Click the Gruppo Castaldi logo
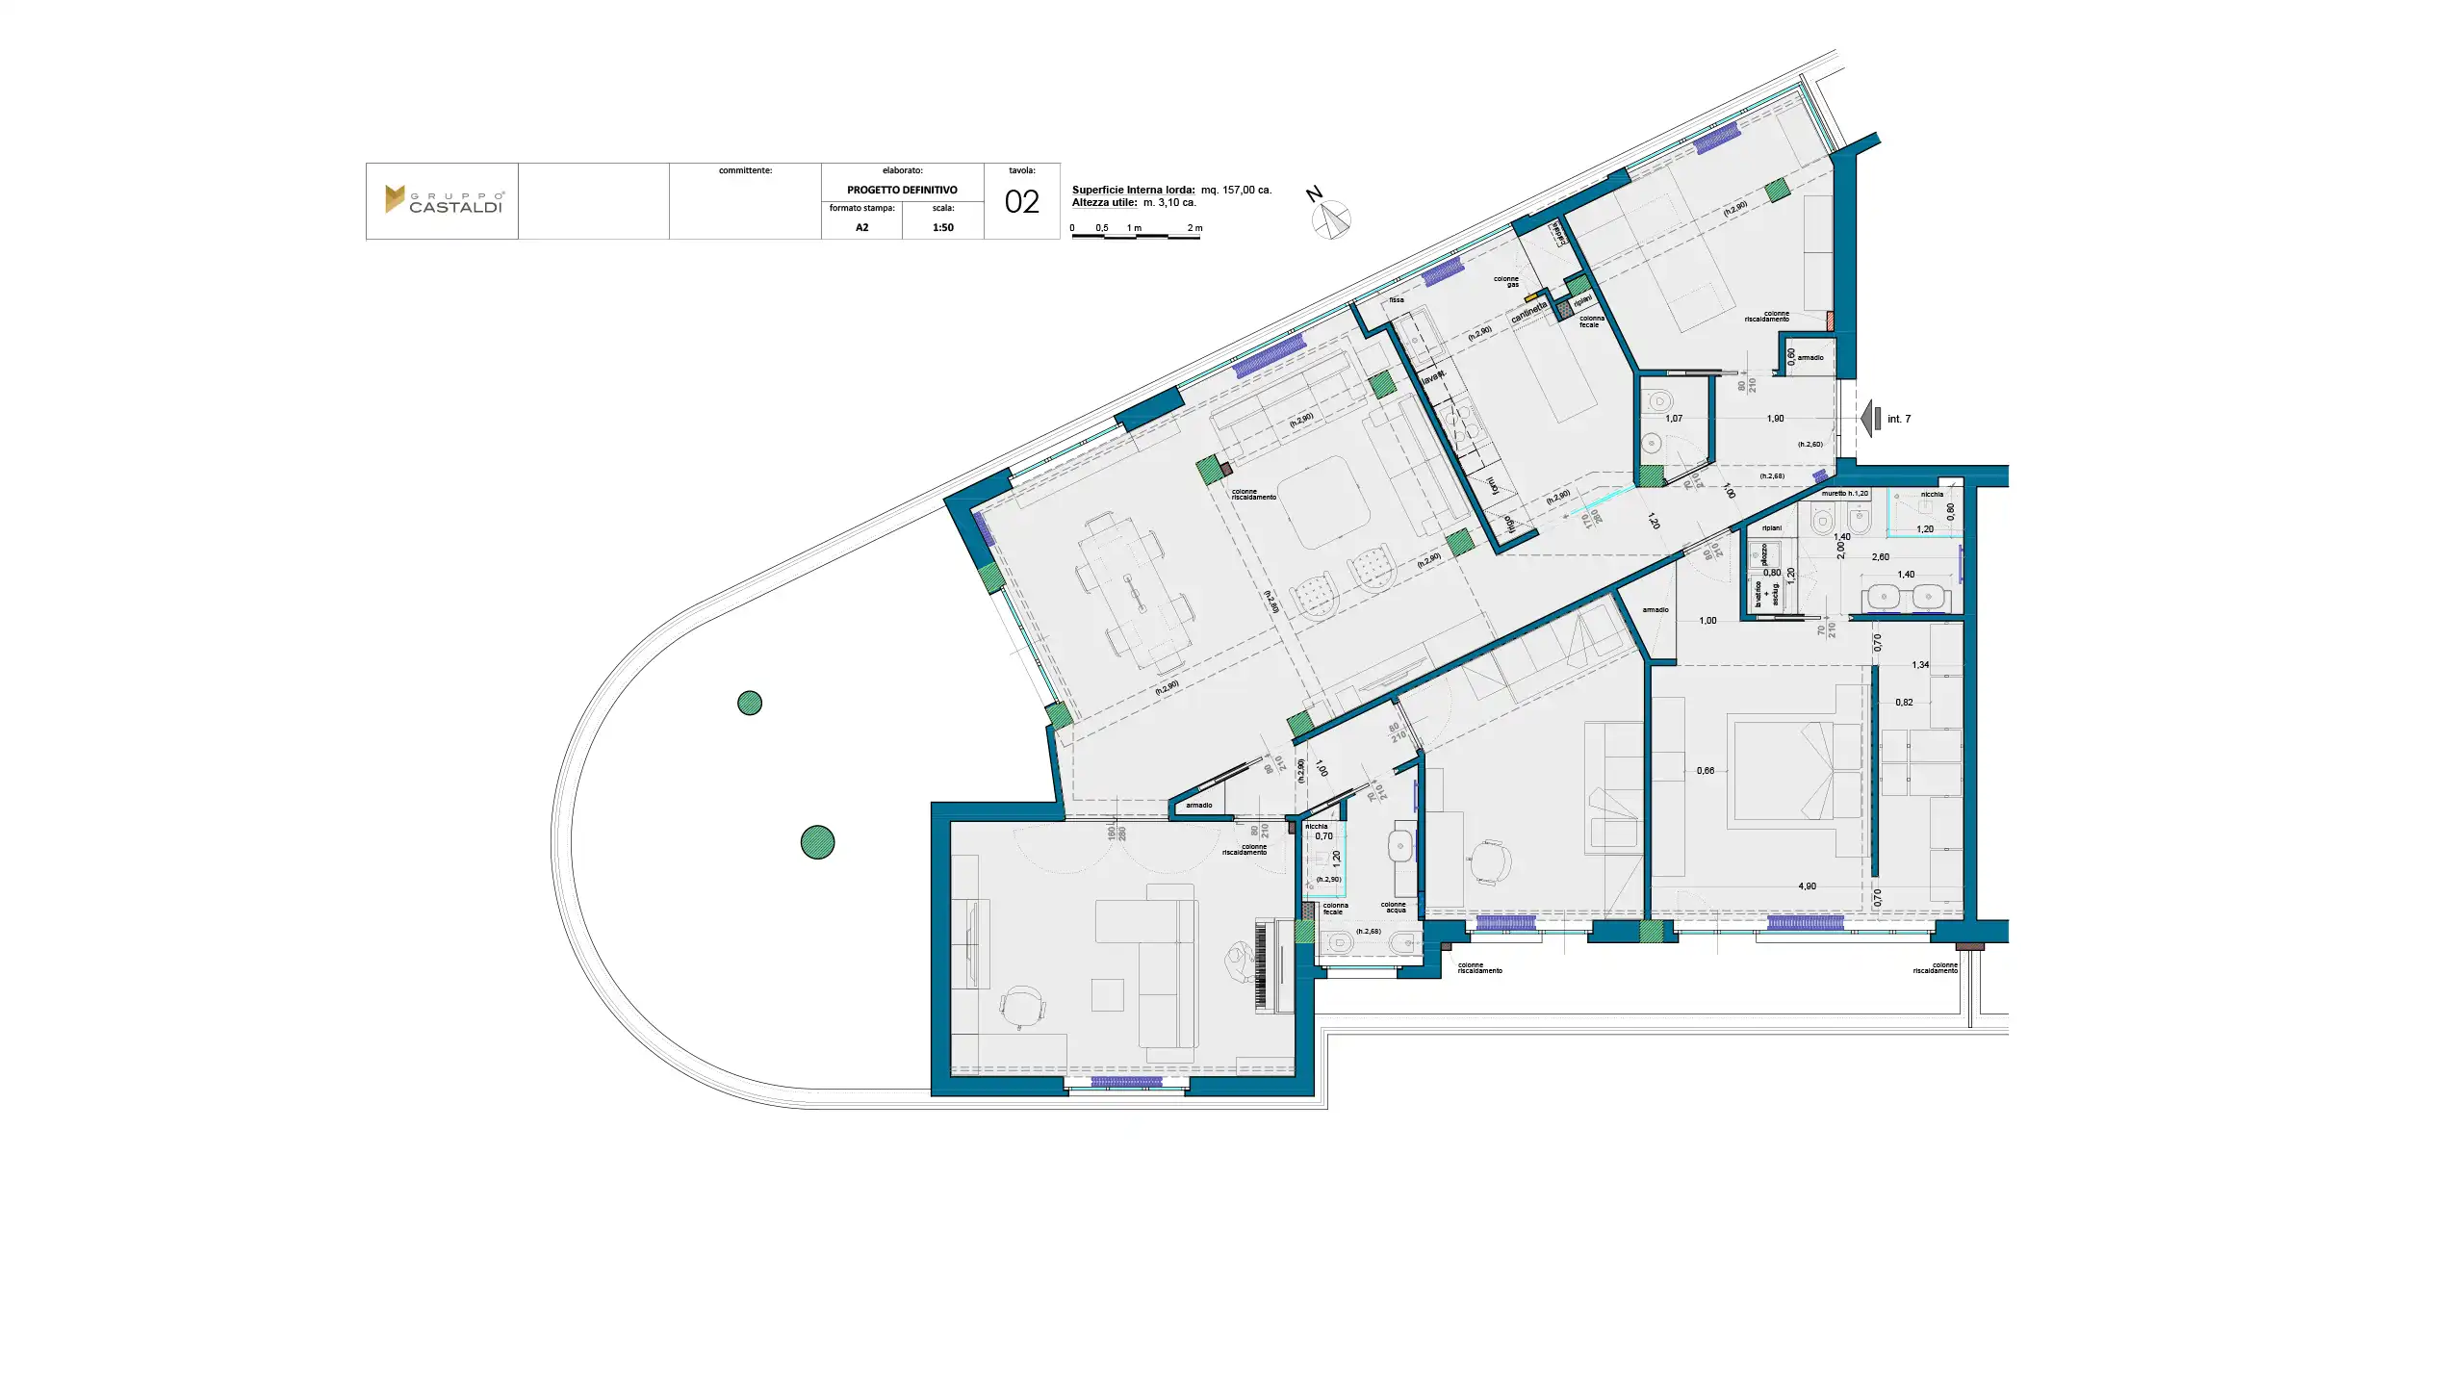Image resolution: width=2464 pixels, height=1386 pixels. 443,200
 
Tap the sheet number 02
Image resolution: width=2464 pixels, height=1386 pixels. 1021,202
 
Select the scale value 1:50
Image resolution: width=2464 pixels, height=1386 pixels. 942,228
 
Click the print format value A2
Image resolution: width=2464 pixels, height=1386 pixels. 861,228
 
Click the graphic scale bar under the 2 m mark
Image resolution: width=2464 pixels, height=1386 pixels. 1184,236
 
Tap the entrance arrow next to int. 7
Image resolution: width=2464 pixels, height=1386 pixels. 1871,419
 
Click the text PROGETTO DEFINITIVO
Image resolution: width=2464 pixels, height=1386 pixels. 902,191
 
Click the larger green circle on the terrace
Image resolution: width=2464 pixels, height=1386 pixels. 817,842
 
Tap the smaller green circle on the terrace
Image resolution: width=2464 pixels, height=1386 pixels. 750,704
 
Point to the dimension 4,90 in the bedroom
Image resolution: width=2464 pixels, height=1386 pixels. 1807,886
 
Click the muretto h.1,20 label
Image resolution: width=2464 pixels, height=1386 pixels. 1844,494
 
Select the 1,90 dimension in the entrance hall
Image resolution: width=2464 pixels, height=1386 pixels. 1775,419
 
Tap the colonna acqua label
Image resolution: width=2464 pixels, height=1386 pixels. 1394,907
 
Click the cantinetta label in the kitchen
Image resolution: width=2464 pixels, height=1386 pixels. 1528,312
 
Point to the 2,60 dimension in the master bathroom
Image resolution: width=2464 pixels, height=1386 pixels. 1879,557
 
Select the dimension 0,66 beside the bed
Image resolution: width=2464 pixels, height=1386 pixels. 1705,771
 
